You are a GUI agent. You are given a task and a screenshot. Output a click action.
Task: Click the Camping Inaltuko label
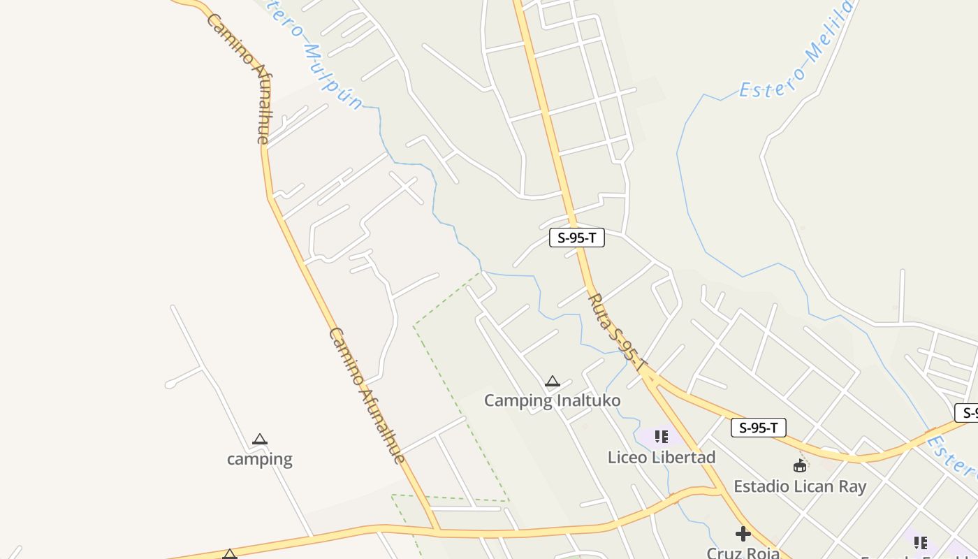552,400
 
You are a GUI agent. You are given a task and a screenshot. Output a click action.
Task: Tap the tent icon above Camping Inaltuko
553,382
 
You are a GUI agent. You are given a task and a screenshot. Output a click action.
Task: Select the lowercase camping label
259,459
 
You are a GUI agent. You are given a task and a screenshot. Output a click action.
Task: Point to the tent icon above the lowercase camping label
260,440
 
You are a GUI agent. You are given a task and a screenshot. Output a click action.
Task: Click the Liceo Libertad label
661,457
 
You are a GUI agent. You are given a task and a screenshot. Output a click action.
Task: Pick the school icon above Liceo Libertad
662,437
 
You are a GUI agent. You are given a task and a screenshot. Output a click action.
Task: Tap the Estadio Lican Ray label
799,486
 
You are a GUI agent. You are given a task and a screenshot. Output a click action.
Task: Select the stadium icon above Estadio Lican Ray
800,465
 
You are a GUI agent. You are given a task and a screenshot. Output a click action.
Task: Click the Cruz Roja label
743,553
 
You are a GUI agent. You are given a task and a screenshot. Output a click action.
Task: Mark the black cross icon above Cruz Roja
743,535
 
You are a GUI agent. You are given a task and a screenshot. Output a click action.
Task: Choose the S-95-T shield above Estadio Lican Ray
759,428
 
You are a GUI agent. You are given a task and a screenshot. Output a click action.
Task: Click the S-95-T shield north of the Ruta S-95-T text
577,238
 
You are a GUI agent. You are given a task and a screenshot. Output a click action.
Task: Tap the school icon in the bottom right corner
921,543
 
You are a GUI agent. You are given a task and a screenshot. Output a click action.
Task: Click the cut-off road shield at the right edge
968,412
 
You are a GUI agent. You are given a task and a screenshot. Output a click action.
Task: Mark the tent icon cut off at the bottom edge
230,555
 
